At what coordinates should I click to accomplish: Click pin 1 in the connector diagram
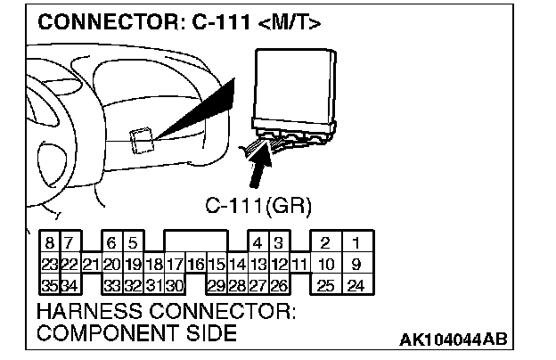tap(356, 242)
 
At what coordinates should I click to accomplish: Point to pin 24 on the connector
tap(356, 285)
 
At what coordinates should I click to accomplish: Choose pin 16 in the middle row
tap(195, 264)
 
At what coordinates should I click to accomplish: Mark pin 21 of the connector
tap(89, 264)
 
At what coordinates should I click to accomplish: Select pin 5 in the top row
tap(132, 242)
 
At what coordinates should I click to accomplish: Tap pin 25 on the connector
tap(326, 285)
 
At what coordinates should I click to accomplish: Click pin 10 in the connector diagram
tap(326, 264)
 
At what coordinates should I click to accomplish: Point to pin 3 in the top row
tap(278, 242)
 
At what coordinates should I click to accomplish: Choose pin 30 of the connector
tap(174, 285)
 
